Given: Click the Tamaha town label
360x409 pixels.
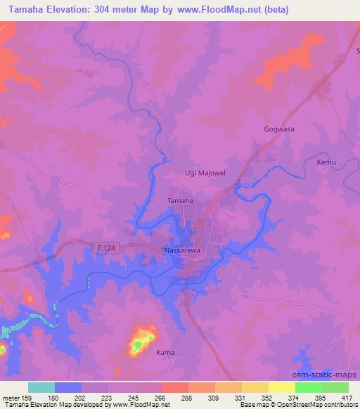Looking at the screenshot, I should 180,200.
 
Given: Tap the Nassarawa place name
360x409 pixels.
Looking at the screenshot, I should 184,250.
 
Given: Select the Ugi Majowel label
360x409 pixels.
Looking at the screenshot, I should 203,172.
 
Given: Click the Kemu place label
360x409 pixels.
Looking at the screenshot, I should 326,162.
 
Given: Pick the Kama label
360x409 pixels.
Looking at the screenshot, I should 165,352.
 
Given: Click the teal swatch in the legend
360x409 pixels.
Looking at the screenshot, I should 41,387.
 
